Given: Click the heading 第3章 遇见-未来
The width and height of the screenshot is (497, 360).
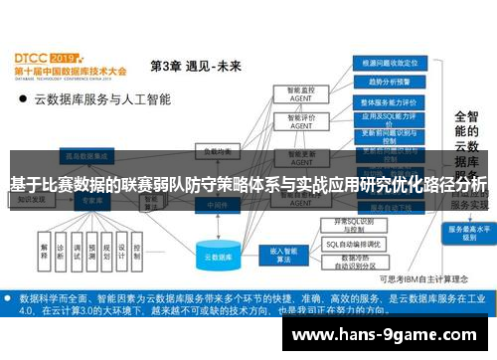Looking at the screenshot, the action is [x=196, y=67].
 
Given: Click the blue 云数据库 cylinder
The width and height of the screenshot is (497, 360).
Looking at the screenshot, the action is [x=210, y=254].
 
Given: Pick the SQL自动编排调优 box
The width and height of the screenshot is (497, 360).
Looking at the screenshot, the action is [x=353, y=245].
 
